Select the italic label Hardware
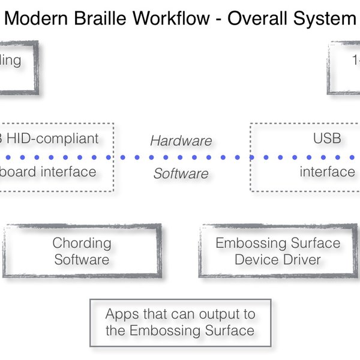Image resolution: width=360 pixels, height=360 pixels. click(x=181, y=141)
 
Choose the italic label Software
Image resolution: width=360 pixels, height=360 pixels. click(x=181, y=174)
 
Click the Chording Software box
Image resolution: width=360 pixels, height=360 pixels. click(x=82, y=251)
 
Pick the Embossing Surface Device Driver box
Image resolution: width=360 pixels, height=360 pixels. click(x=278, y=251)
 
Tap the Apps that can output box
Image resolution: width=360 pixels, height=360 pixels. click(x=179, y=322)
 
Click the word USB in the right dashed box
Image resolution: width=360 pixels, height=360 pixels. click(x=327, y=139)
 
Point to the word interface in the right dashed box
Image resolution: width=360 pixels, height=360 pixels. click(x=327, y=172)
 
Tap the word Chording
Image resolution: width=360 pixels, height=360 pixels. click(x=82, y=243)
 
